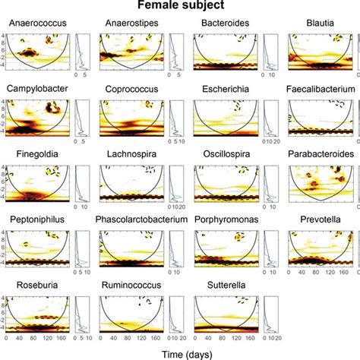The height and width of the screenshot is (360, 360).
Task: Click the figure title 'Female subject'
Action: (x=180, y=6)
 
